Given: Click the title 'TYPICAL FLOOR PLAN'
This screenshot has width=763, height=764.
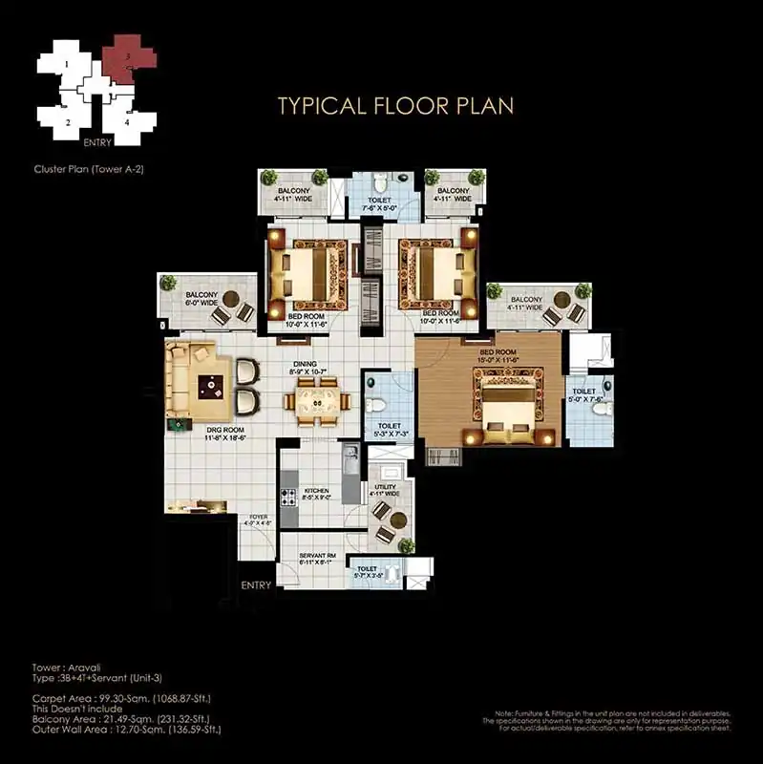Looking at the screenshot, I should click(x=395, y=105).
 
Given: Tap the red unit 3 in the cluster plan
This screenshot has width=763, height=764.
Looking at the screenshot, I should click(x=129, y=54).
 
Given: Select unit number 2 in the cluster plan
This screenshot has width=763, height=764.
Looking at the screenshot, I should click(x=67, y=122).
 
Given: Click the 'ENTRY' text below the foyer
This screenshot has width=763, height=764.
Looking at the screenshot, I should click(x=256, y=584).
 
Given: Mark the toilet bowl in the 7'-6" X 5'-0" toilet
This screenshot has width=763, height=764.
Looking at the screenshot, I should click(x=379, y=182).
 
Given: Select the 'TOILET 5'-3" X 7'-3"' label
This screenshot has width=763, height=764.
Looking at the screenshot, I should click(x=389, y=427).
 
